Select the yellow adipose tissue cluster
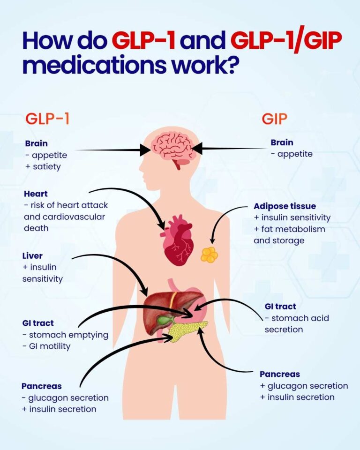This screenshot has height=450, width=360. [209, 255]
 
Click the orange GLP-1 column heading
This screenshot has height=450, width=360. [47, 118]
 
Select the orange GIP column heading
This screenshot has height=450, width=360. [274, 119]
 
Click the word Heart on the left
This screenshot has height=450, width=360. [36, 194]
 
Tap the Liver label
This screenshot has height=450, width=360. [32, 256]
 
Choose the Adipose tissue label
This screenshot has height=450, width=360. [285, 206]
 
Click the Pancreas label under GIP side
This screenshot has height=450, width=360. [280, 374]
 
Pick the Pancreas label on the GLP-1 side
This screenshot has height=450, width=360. [42, 386]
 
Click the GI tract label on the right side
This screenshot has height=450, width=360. [280, 307]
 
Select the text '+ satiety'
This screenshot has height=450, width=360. [43, 167]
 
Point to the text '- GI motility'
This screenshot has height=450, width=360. [46, 346]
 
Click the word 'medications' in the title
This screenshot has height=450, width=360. [94, 65]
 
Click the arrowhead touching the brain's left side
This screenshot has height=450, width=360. [146, 150]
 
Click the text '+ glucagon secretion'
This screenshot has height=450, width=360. [304, 386]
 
